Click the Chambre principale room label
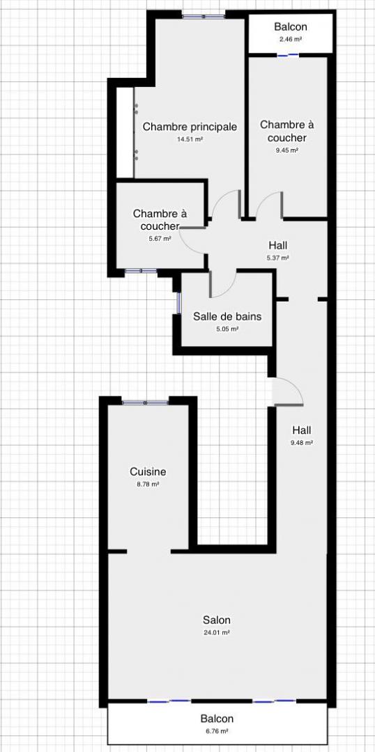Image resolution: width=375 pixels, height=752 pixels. click(x=190, y=127)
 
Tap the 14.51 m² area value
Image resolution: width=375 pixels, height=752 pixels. click(x=190, y=139)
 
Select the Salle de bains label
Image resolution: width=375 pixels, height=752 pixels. click(x=228, y=317)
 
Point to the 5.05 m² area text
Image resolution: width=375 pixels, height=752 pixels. click(x=228, y=329)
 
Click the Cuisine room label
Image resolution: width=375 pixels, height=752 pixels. click(x=148, y=472)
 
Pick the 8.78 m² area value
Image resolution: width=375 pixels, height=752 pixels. click(x=148, y=485)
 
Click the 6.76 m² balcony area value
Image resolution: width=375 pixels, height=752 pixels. click(x=217, y=731)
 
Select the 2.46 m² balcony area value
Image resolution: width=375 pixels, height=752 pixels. click(x=290, y=39)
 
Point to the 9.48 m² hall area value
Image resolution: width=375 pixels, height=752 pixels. click(x=302, y=443)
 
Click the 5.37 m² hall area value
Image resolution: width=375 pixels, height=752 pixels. click(x=278, y=258)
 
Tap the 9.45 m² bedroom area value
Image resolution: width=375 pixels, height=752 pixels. click(x=287, y=150)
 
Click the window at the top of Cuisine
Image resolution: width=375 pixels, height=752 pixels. click(x=145, y=402)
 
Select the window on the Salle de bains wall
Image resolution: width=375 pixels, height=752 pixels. click(x=178, y=303)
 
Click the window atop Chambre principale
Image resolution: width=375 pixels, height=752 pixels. click(x=203, y=17)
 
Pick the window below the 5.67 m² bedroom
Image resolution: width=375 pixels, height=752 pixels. click(x=141, y=271)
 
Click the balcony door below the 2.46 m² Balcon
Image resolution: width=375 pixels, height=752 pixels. click(x=288, y=56)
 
